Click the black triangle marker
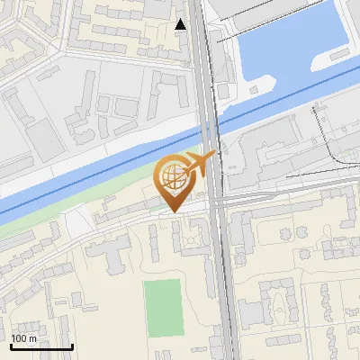coord(181,24)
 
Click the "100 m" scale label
coord(23,338)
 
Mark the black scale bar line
coord(41,346)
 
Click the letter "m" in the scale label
coord(33,338)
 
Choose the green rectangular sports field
coord(163,308)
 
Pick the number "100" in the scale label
coord(19,338)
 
